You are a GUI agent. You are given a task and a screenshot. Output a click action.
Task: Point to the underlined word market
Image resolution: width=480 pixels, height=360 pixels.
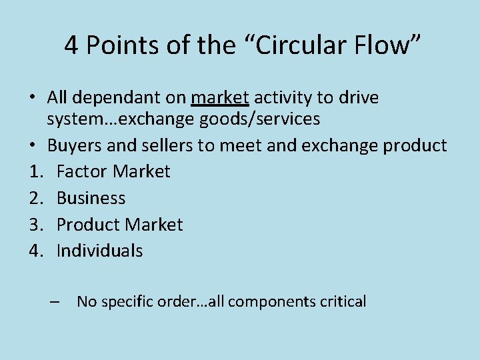pyautogui.click(x=220, y=98)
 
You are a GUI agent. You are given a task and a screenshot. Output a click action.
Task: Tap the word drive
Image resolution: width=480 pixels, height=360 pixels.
pyautogui.click(x=358, y=98)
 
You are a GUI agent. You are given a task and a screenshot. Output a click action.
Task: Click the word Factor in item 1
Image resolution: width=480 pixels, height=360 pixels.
pyautogui.click(x=82, y=171)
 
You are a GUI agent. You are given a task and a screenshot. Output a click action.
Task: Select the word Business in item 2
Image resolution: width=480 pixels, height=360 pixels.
pyautogui.click(x=91, y=198)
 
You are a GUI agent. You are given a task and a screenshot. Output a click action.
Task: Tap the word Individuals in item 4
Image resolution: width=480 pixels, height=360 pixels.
pyautogui.click(x=99, y=251)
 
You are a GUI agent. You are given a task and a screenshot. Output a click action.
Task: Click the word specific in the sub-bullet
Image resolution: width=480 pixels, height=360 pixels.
pyautogui.click(x=129, y=301)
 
